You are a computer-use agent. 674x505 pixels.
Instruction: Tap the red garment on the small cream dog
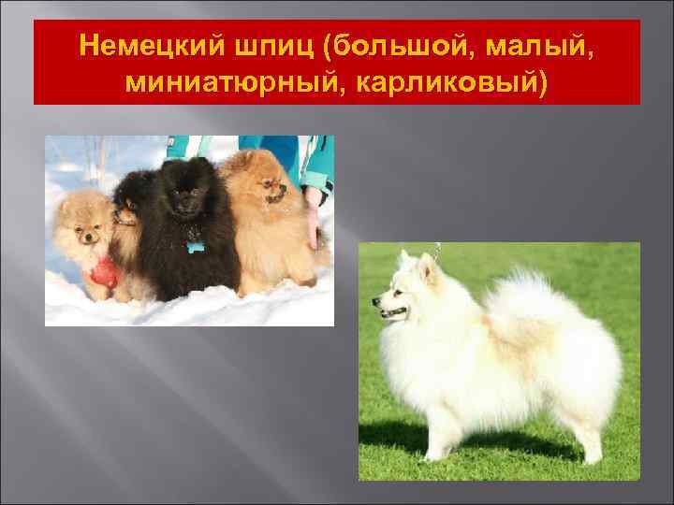(x=102, y=272)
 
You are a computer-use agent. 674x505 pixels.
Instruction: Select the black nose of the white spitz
(x=374, y=301)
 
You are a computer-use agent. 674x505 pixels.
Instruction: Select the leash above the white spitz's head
(x=435, y=251)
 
